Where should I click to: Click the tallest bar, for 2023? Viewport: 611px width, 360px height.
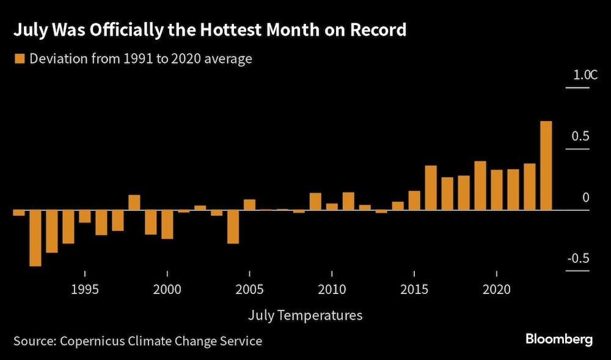click(546, 166)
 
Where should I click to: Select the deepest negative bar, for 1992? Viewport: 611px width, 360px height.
click(35, 238)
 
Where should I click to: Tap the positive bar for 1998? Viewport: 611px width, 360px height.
click(134, 203)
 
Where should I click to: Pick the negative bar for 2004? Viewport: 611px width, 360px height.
click(233, 227)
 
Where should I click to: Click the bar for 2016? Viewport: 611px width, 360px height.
click(431, 188)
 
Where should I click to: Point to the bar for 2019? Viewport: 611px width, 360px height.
click(480, 186)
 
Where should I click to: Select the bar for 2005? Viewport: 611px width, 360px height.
click(249, 205)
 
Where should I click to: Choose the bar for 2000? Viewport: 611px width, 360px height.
click(167, 224)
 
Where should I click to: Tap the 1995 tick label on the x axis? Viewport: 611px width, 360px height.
click(84, 288)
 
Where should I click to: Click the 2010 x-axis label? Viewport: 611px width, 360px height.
click(331, 288)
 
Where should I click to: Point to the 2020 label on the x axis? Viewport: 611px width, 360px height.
click(496, 288)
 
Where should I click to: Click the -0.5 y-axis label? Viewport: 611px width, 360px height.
click(577, 259)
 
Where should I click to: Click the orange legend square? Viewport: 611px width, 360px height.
click(18, 59)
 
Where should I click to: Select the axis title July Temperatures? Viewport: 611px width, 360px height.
click(305, 315)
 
